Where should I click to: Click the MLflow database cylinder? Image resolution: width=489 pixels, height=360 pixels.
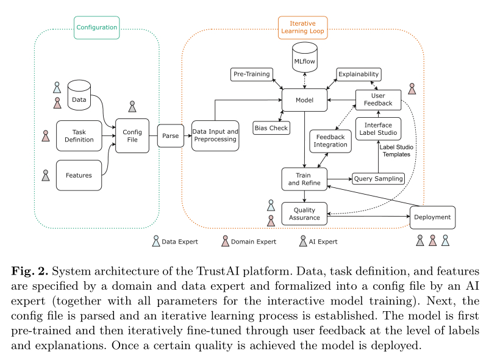pyautogui.click(x=304, y=59)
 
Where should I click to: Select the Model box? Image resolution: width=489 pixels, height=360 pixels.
pyautogui.click(x=304, y=100)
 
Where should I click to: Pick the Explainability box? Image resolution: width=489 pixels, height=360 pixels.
pyautogui.click(x=359, y=74)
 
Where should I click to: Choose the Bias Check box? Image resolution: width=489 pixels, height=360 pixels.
pyautogui.click(x=270, y=128)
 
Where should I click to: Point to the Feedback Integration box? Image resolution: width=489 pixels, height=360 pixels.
pyautogui.click(x=330, y=140)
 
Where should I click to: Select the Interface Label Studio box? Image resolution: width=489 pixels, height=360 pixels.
pyautogui.click(x=379, y=129)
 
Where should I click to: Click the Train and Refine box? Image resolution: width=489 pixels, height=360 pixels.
pyautogui.click(x=304, y=179)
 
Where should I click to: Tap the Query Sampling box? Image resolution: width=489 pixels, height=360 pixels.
pyautogui.click(x=379, y=179)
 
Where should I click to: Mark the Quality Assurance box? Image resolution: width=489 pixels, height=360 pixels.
pyautogui.click(x=304, y=214)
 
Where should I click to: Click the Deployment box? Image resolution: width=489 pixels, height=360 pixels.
pyautogui.click(x=432, y=217)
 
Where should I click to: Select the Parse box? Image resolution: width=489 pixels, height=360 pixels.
pyautogui.click(x=171, y=136)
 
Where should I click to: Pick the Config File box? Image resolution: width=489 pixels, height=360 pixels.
pyautogui.click(x=132, y=135)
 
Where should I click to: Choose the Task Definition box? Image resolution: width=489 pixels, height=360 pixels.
pyautogui.click(x=79, y=135)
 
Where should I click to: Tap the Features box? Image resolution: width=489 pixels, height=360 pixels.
pyautogui.click(x=79, y=175)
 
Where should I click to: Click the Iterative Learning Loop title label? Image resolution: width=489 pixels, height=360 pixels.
pyautogui.click(x=302, y=26)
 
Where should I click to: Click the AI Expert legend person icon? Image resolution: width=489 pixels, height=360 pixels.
pyautogui.click(x=303, y=242)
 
